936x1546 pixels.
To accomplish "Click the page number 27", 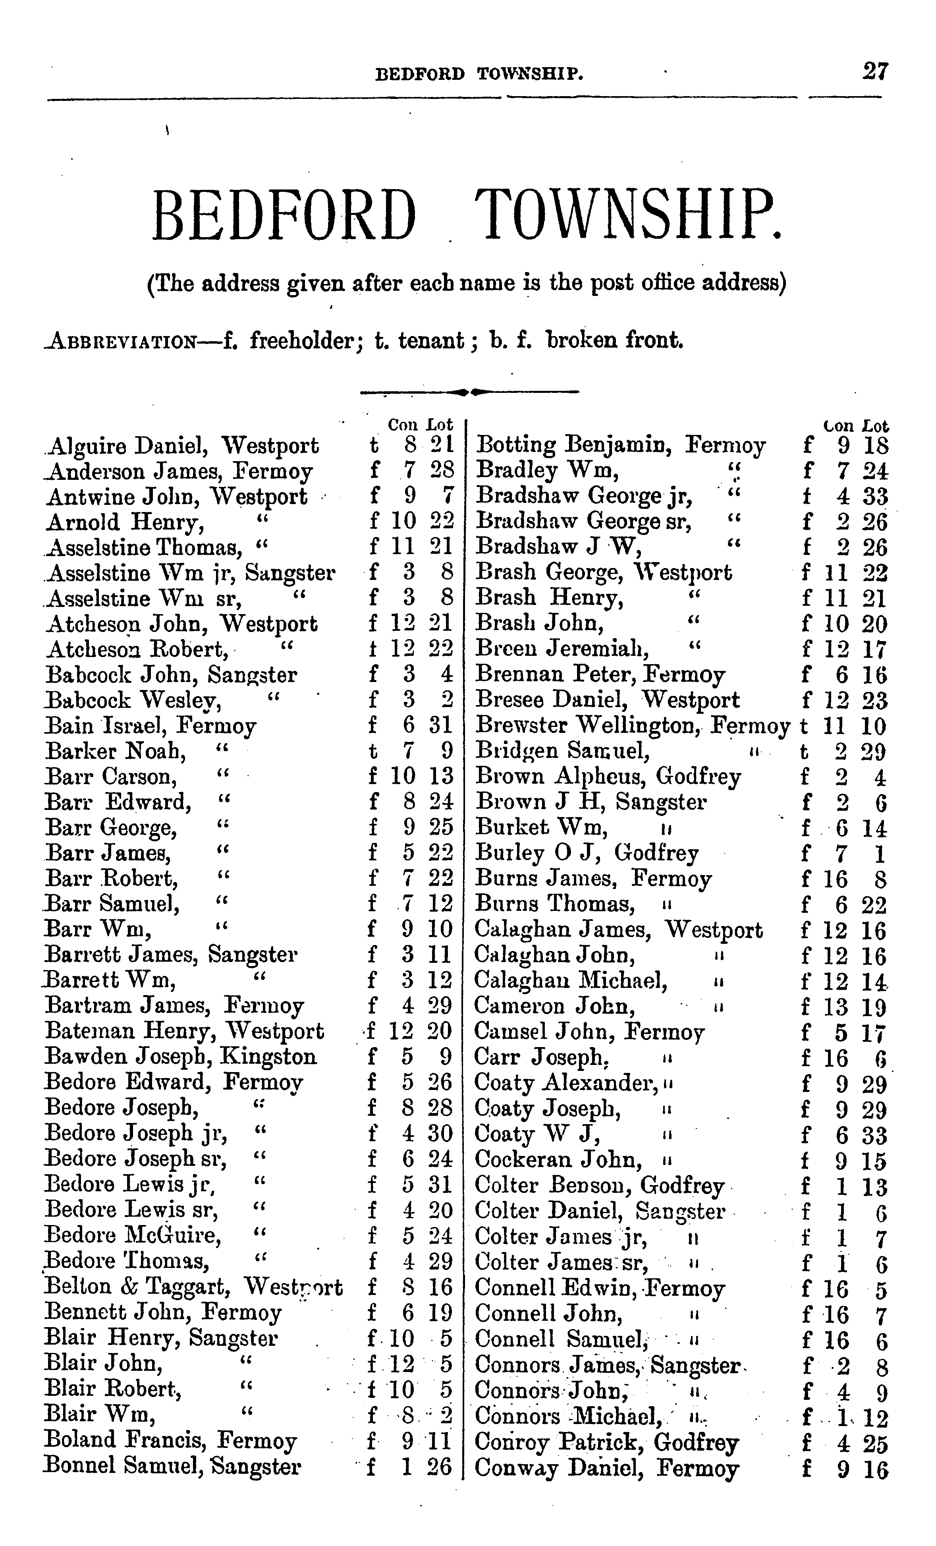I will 874,71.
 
